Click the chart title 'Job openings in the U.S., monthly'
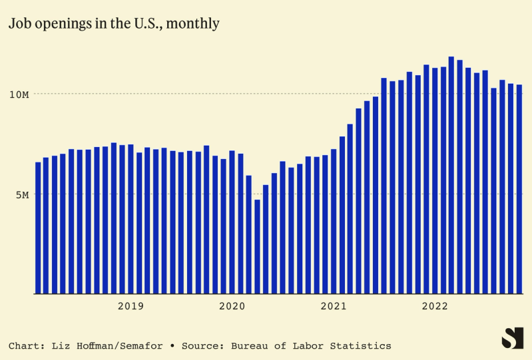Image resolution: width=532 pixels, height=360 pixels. [x=114, y=23]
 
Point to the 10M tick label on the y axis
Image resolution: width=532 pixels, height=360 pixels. [x=19, y=94]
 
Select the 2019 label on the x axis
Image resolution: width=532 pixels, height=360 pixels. [x=131, y=306]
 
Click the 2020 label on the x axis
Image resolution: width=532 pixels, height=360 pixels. [x=232, y=306]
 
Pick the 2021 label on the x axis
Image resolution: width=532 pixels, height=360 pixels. [x=334, y=306]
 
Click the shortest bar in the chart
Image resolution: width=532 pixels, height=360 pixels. [x=257, y=246]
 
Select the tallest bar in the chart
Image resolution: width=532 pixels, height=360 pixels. [x=451, y=175]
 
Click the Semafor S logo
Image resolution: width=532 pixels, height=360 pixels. [x=512, y=338]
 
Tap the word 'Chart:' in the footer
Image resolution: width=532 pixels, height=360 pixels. [x=26, y=346]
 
